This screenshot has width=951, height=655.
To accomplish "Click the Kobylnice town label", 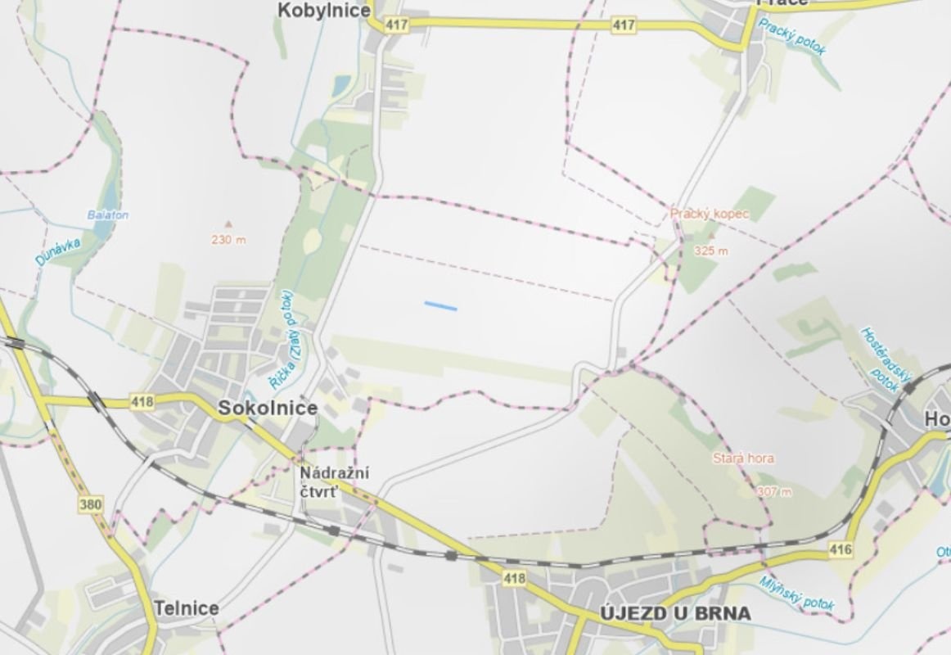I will pos(324,11).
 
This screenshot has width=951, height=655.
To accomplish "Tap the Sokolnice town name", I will pos(267,409).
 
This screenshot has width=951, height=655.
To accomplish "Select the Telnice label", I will pos(187,608).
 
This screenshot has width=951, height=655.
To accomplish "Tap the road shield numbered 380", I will pos(91,504).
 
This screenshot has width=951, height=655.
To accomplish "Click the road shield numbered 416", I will pos(840,549).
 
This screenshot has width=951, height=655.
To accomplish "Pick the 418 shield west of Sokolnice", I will pos(142,402).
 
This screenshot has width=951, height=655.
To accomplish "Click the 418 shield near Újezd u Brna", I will pos(514,579).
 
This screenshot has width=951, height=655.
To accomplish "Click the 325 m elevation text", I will pos(710,251).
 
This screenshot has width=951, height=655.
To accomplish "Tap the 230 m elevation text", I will pos(228,240).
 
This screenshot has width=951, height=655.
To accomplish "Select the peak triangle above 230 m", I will pos(228,223).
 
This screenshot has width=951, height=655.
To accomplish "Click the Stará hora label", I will pos(743,458).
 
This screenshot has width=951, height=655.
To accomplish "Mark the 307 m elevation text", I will pos(774,491).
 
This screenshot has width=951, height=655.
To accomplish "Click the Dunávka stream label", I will pos(51,248).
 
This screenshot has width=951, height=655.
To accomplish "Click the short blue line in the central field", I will pos(440,306).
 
